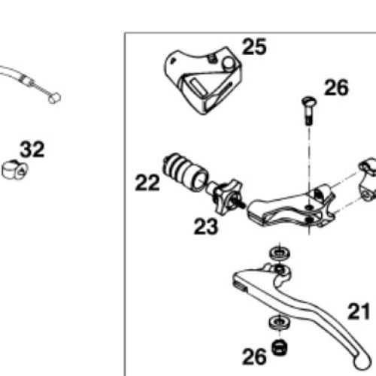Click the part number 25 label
[254, 47]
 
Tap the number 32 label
[32, 150]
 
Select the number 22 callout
[147, 183]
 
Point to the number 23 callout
[206, 226]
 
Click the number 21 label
[359, 311]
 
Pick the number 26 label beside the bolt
[336, 87]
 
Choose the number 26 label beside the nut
[254, 356]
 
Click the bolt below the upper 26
[309, 111]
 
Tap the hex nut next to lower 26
[280, 347]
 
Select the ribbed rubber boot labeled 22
[186, 171]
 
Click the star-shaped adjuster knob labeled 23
[226, 197]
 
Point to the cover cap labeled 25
[203, 80]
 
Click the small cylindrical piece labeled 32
[14, 170]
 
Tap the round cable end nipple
[54, 98]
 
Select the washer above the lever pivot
[280, 253]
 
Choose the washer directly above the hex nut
[280, 322]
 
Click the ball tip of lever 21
[362, 360]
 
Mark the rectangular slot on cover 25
[198, 86]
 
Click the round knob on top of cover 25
[228, 62]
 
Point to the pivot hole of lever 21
[280, 270]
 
